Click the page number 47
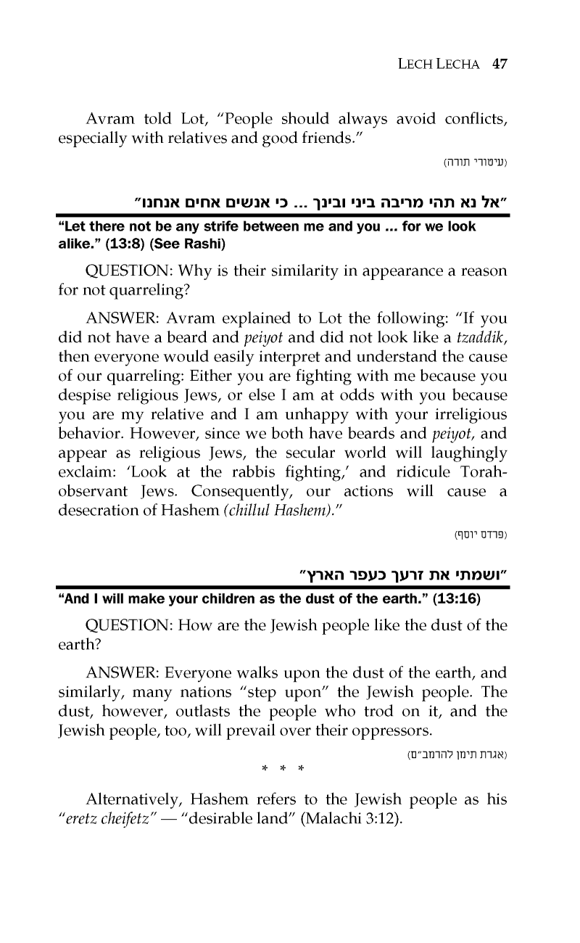click(x=498, y=63)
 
